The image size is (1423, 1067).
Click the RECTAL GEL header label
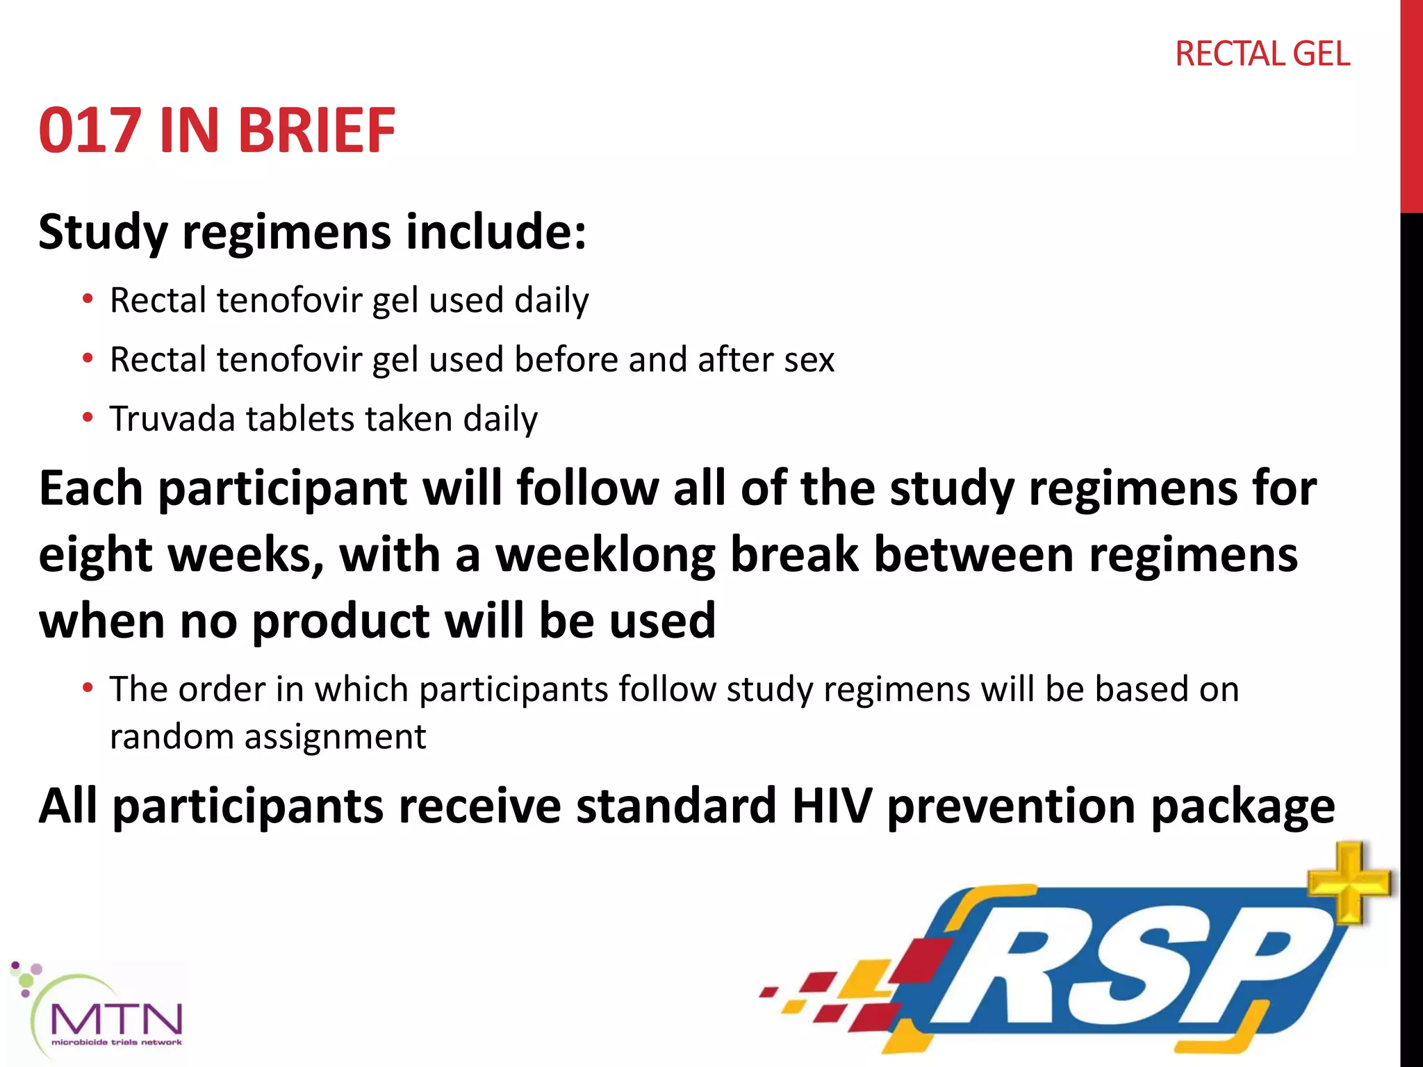coord(1262,54)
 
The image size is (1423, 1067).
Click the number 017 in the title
coord(90,131)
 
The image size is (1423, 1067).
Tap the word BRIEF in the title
coord(318,131)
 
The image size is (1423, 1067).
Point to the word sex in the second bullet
coord(809,361)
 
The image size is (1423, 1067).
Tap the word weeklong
coord(604,555)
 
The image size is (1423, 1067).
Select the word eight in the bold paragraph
coord(95,556)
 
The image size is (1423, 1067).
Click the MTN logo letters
coord(117,1019)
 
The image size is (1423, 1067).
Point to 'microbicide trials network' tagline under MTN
coord(117,1043)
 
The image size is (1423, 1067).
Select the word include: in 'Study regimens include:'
coord(496,232)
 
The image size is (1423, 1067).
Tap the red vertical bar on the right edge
coord(1411,104)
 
